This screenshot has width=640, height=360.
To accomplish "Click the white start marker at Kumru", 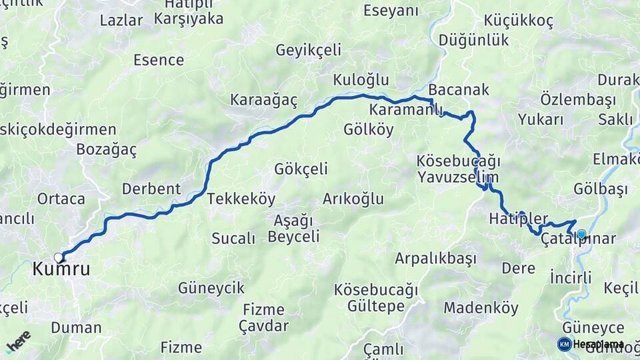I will (x=59, y=257).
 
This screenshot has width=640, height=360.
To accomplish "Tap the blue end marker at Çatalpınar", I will (x=581, y=234).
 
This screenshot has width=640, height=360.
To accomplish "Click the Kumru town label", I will (x=61, y=270).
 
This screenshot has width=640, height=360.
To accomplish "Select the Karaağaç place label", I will (x=263, y=100).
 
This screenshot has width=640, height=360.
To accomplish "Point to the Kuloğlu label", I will (x=361, y=80).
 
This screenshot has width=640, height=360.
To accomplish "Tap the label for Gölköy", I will (x=369, y=129).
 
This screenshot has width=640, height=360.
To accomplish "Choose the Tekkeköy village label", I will (x=241, y=199).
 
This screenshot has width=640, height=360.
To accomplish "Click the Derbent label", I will (x=151, y=189).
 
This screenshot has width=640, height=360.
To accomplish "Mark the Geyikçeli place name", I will (x=309, y=50).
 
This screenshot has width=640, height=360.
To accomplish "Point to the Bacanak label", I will (x=459, y=89).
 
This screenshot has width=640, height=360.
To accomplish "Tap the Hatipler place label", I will (x=518, y=219).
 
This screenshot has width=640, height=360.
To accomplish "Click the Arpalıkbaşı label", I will (x=435, y=258).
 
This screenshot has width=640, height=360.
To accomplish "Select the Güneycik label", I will (x=211, y=289).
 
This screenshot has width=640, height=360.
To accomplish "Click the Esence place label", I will (x=159, y=60).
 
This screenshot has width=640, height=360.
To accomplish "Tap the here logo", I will (x=18, y=341).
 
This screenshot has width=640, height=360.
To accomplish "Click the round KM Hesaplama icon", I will (x=565, y=344).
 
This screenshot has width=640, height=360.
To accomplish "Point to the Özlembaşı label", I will (x=568, y=99).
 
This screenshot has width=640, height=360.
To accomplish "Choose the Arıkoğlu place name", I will (x=353, y=199).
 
